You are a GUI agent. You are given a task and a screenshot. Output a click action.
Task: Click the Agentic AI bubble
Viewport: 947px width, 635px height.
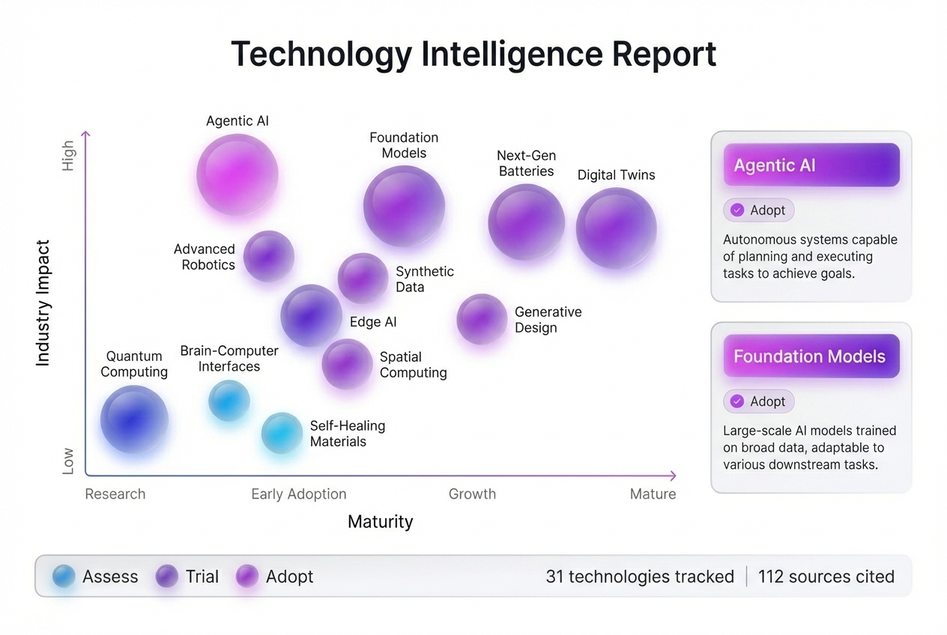(x=237, y=174)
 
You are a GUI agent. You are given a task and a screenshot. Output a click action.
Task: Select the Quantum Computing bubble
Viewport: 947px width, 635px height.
(x=134, y=419)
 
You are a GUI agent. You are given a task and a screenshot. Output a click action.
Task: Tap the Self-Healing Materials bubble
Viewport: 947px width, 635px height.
(x=282, y=433)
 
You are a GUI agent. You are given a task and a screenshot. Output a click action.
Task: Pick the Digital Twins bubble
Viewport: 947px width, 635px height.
(x=616, y=228)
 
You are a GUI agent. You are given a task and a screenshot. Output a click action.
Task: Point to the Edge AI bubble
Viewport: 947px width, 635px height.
(x=311, y=315)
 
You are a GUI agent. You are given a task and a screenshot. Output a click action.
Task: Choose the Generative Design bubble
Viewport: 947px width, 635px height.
(x=482, y=319)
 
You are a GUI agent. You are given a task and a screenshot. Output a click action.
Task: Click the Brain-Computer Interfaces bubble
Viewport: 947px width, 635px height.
(x=229, y=400)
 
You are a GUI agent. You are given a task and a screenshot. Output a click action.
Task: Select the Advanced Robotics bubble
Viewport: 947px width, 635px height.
(x=268, y=256)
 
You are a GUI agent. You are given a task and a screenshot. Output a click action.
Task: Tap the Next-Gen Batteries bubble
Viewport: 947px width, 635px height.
(x=526, y=222)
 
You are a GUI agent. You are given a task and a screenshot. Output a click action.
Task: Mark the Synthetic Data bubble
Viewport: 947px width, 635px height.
(x=363, y=278)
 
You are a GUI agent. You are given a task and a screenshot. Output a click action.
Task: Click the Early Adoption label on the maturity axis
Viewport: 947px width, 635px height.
(x=299, y=494)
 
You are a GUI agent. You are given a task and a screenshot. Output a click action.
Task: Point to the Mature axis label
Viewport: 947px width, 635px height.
(x=653, y=494)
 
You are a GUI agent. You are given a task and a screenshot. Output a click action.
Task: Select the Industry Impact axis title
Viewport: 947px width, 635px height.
(x=43, y=303)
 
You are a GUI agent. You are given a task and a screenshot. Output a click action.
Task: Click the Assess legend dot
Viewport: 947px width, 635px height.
(x=64, y=576)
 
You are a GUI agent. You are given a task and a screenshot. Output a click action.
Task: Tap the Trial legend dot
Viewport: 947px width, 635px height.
(x=166, y=576)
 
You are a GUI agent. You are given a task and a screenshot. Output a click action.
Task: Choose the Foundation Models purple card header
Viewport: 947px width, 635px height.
(x=811, y=356)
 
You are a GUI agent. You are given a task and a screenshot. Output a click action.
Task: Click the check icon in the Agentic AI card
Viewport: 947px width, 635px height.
(x=737, y=210)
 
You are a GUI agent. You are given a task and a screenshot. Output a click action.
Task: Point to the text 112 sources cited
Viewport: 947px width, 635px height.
(x=826, y=577)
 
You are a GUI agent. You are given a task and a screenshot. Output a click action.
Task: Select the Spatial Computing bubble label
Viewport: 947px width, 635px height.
(x=413, y=365)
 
